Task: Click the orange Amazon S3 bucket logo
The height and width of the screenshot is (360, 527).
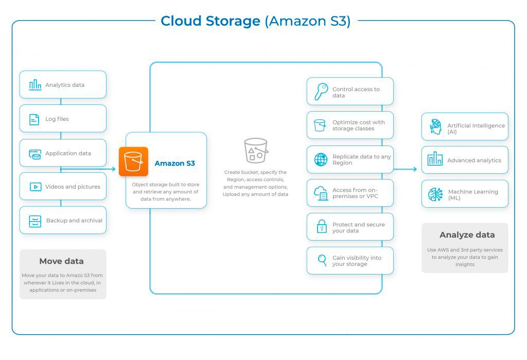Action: point(133,161)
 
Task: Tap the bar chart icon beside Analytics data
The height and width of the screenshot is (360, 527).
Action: point(35,85)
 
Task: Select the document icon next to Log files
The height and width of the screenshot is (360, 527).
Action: point(34,119)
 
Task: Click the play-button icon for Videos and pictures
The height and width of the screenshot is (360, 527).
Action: point(35,187)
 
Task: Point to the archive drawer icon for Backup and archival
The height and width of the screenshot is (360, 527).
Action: point(35,221)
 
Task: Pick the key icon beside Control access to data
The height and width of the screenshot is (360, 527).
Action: point(321,92)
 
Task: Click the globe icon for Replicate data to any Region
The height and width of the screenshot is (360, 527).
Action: point(321,159)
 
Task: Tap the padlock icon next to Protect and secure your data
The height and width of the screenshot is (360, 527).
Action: point(322,227)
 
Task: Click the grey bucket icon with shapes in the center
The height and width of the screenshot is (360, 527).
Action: point(256,150)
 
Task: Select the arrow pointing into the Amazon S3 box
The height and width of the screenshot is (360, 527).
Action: point(111,169)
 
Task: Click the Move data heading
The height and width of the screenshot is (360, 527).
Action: point(61,261)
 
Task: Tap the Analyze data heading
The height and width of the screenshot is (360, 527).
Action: point(467,235)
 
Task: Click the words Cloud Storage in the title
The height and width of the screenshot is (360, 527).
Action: point(210,21)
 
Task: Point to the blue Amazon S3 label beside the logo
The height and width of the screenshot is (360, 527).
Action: point(174,164)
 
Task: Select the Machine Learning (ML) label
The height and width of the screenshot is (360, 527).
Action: point(472,194)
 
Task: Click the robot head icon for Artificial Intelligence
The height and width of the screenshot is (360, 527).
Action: point(435,126)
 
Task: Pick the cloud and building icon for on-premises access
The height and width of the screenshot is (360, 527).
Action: point(321,193)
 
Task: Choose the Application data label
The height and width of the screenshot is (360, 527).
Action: point(68,153)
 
